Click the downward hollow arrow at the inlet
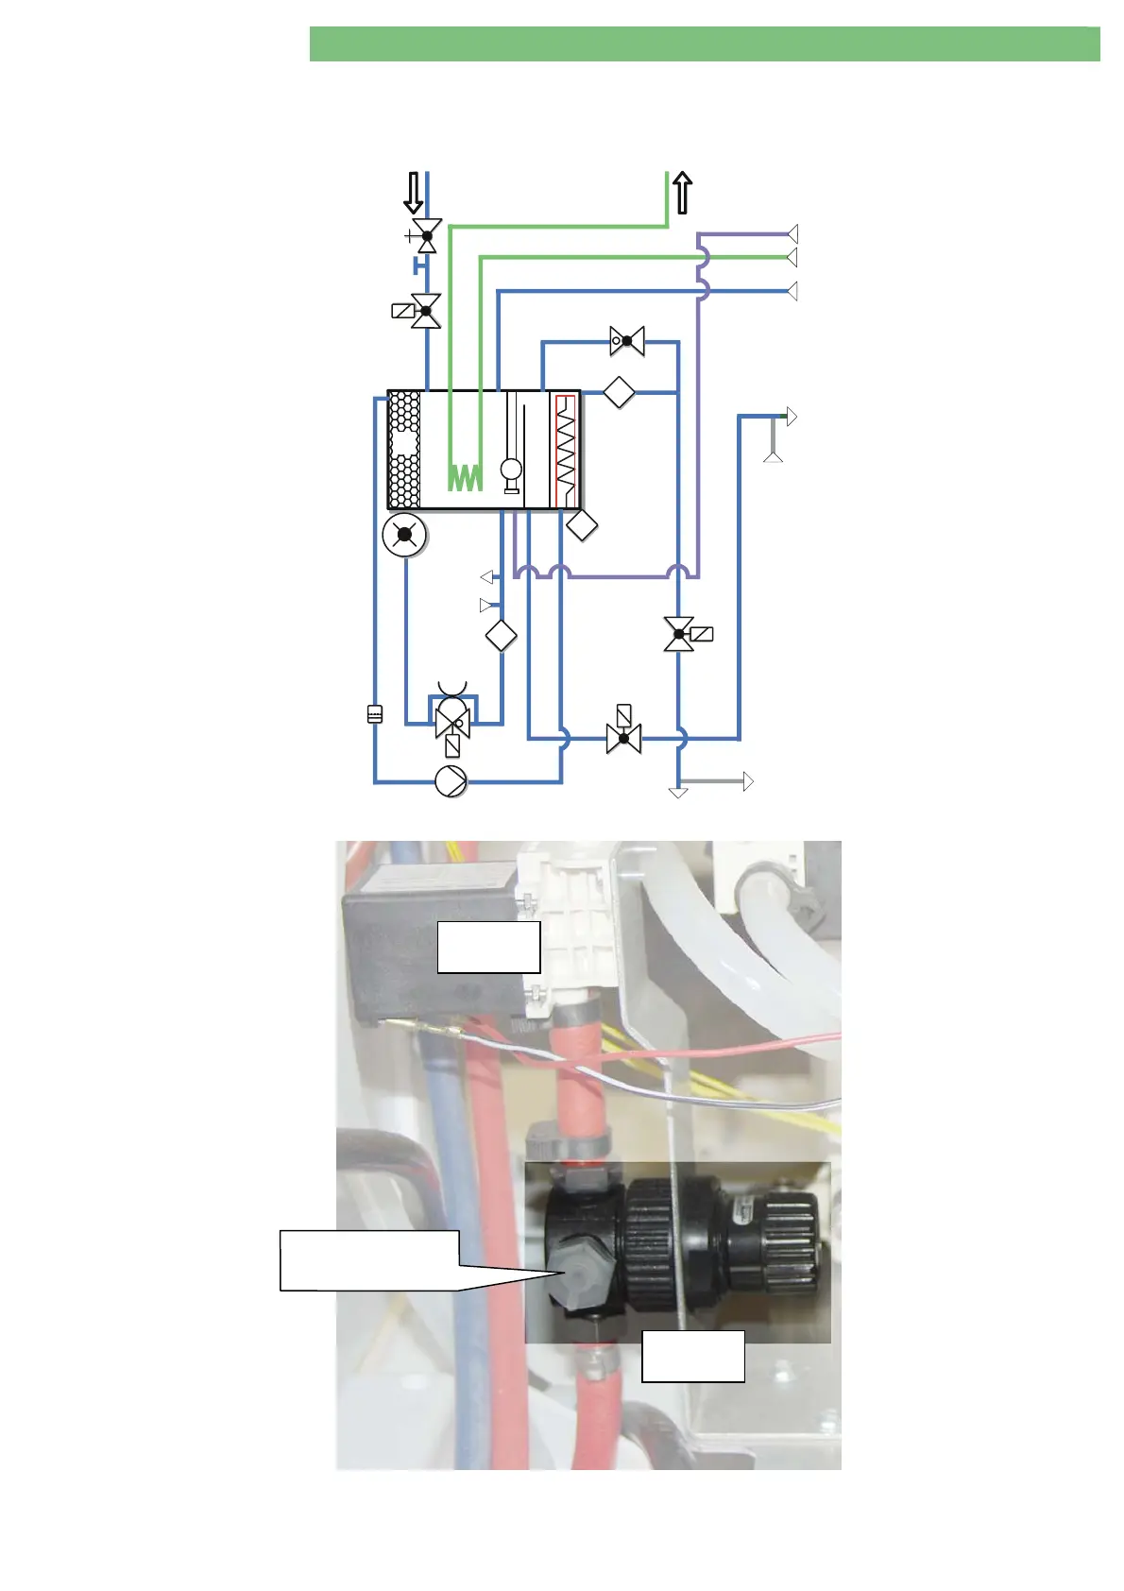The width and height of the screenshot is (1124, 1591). (413, 192)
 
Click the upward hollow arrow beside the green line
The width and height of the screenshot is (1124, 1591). (683, 193)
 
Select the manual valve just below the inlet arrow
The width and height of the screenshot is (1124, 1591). (426, 235)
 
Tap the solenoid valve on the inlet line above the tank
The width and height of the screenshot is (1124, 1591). (426, 310)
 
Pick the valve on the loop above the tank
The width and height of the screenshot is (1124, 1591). (627, 341)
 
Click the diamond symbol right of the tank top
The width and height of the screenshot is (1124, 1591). (619, 392)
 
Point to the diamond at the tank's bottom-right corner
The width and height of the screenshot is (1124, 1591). (581, 524)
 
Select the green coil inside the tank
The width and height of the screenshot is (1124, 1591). (465, 477)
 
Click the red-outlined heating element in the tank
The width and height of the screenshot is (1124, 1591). (565, 451)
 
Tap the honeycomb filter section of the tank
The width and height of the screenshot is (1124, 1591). (404, 450)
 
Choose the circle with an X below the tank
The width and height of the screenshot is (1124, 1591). (404, 535)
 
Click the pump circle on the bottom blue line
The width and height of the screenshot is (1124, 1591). (451, 781)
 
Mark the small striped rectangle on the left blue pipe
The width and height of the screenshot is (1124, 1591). (375, 714)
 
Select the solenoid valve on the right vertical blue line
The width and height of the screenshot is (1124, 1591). (679, 634)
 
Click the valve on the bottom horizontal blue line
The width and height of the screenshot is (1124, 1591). (623, 737)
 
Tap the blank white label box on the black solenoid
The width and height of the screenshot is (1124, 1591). (488, 947)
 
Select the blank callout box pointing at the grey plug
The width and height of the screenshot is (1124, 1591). (369, 1259)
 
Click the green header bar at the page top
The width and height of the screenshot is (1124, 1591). (704, 44)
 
